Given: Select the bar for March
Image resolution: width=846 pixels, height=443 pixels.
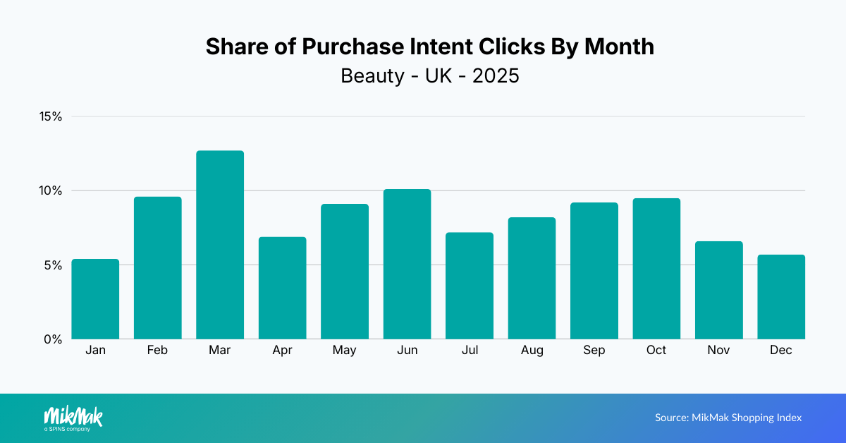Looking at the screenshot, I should tap(220, 245).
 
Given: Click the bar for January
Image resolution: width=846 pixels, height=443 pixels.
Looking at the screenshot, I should tap(95, 299).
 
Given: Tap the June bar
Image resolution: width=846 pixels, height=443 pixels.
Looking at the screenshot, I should tap(407, 264).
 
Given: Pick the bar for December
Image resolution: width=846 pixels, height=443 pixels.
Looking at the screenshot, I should tap(781, 297).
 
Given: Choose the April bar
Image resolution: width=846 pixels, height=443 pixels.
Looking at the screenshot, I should tap(282, 288).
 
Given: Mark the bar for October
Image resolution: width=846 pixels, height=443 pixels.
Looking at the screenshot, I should tap(656, 269).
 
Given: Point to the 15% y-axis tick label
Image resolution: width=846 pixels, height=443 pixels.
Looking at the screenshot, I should tap(51, 116).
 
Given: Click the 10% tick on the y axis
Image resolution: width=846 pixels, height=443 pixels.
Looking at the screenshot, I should tap(51, 190).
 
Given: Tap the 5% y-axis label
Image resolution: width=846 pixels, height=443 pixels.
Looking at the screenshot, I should tap(54, 265).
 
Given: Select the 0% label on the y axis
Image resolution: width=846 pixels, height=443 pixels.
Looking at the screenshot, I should tap(54, 339).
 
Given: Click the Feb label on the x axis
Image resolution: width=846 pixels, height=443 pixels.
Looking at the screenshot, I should tap(157, 351).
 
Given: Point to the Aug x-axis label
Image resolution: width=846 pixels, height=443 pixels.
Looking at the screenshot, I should tap(532, 351).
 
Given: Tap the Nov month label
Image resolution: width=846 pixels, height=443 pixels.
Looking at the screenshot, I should tap(718, 351).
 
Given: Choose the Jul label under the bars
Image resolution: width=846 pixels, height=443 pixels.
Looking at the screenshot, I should tap(470, 351).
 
